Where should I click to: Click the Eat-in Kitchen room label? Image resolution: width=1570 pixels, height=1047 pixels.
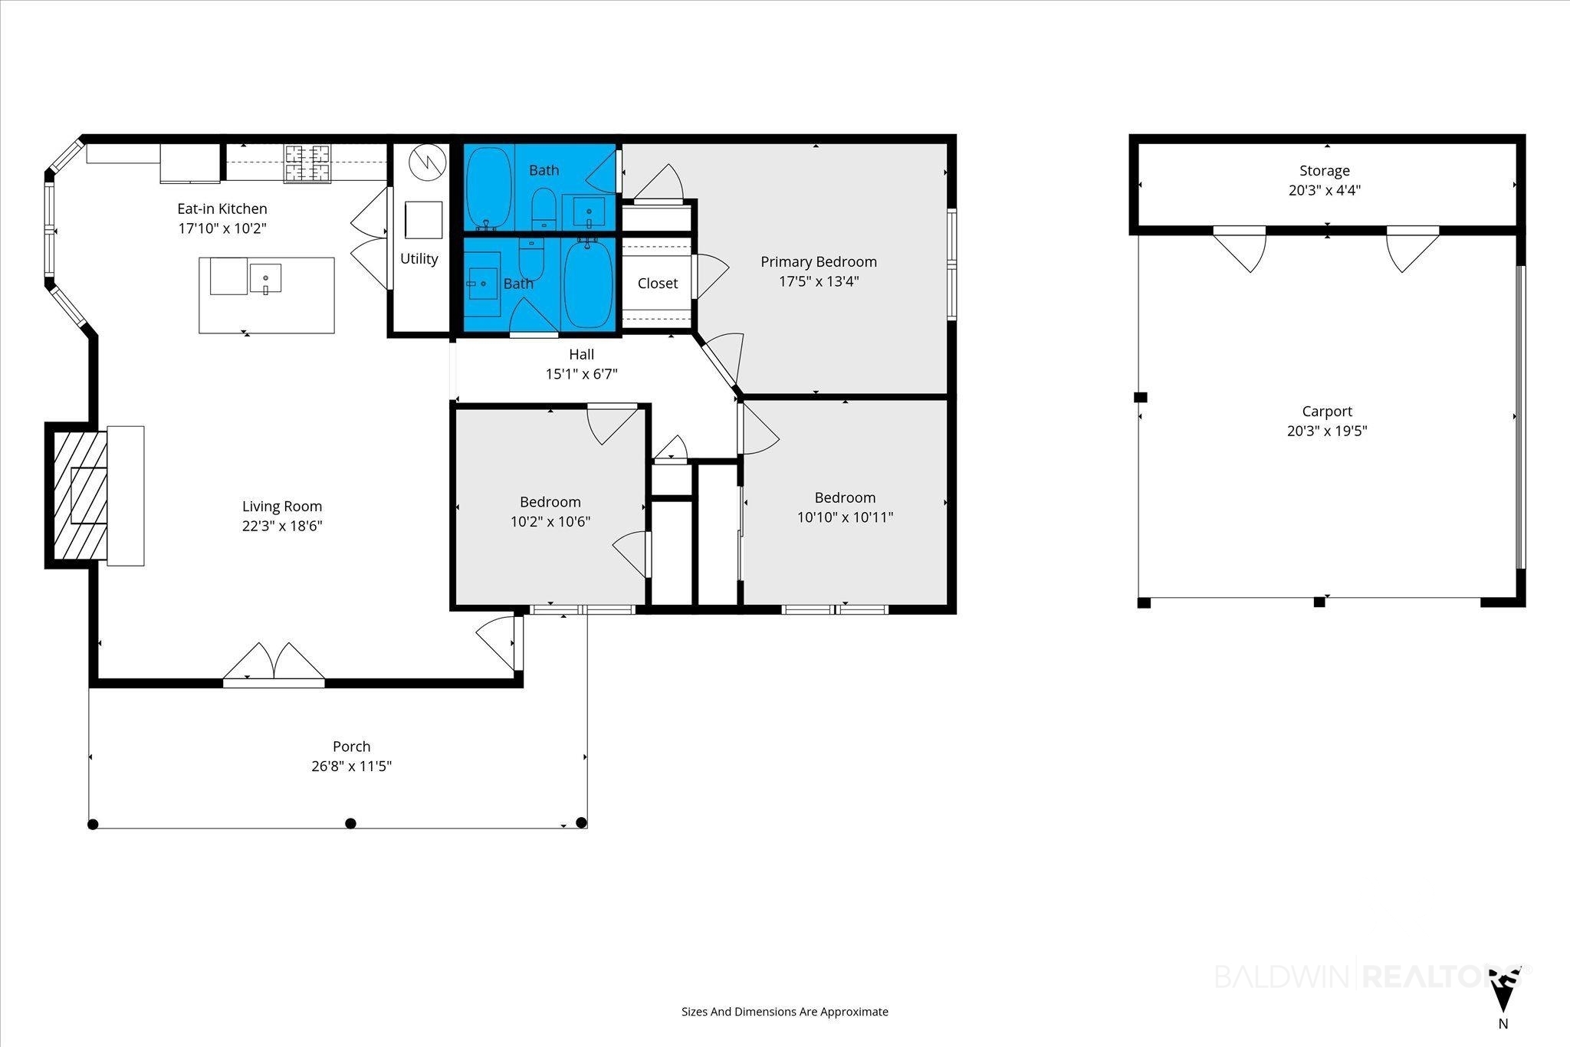pyautogui.click(x=222, y=208)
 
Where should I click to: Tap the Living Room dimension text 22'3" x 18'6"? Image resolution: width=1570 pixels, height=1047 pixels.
pyautogui.click(x=282, y=526)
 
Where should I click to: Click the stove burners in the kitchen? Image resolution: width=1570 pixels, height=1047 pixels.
pyautogui.click(x=307, y=163)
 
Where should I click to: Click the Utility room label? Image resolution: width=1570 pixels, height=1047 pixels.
pyautogui.click(x=419, y=259)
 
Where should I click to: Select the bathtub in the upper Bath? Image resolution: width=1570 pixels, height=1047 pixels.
pyautogui.click(x=488, y=188)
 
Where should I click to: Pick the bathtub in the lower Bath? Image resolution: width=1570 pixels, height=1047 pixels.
pyautogui.click(x=589, y=284)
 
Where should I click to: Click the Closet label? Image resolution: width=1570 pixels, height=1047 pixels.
pyautogui.click(x=658, y=284)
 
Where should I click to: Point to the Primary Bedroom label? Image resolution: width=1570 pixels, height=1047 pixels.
pyautogui.click(x=819, y=262)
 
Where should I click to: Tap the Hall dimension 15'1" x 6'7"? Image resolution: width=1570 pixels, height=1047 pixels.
pyautogui.click(x=582, y=374)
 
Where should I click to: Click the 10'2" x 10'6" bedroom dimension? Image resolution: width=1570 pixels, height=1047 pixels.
pyautogui.click(x=550, y=522)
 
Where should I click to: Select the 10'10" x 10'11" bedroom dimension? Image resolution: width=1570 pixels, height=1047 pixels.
pyautogui.click(x=846, y=517)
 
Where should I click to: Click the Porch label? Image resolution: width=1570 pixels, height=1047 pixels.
pyautogui.click(x=352, y=747)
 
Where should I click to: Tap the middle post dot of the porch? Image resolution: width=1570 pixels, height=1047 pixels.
pyautogui.click(x=351, y=824)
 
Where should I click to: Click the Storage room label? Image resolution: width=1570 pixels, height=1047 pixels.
pyautogui.click(x=1325, y=171)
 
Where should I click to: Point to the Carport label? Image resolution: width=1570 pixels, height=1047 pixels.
pyautogui.click(x=1327, y=412)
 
